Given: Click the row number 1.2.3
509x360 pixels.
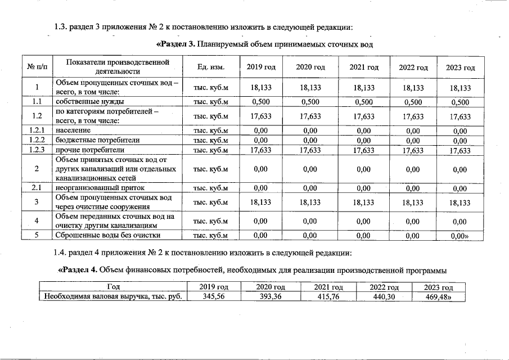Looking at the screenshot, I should tap(37, 150).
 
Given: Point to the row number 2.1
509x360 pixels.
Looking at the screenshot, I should tap(37, 188).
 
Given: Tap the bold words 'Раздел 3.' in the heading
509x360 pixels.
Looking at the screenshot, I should tap(174, 44).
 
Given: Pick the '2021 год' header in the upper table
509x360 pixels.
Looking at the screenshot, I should tap(363, 67).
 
